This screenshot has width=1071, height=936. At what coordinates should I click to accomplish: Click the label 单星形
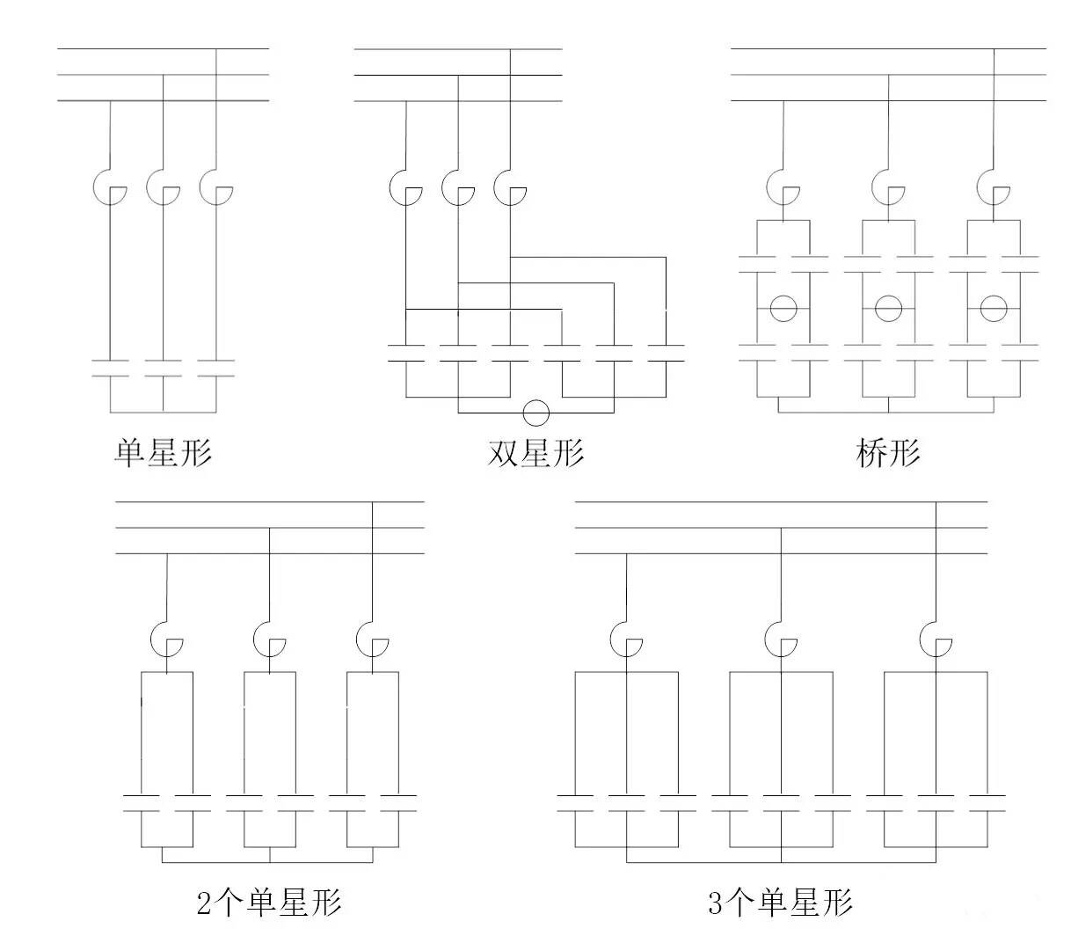pos(164,453)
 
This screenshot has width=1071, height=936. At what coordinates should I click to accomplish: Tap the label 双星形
pos(535,453)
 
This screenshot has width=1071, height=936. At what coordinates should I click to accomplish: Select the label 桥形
pos(887,453)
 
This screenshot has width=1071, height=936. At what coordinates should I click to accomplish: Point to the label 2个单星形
pos(268,903)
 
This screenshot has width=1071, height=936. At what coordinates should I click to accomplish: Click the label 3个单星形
pos(780,903)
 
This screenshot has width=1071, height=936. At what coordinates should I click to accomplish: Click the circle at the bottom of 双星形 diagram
pos(535,413)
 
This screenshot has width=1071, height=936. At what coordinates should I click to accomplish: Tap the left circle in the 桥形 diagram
pos(783,308)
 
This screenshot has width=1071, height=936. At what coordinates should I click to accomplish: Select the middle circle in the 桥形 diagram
pos(888,308)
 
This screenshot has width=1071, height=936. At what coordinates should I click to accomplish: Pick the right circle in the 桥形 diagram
pos(994,308)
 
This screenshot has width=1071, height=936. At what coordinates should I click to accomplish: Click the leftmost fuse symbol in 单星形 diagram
pos(110,187)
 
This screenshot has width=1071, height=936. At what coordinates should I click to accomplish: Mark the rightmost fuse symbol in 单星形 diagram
pos(215,187)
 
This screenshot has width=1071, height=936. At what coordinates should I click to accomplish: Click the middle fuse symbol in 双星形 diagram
pos(458,187)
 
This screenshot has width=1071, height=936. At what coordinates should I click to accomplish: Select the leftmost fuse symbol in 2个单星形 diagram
pos(166,638)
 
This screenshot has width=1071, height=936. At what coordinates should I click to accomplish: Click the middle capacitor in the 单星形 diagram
pos(163,368)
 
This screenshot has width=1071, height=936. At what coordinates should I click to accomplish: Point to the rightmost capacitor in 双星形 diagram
pos(666,353)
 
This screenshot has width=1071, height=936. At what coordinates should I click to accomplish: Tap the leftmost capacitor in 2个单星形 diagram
pos(142,802)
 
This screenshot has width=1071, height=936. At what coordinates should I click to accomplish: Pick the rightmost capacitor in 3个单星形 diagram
pos(987,802)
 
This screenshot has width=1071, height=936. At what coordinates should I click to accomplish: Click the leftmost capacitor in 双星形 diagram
pos(405,353)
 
